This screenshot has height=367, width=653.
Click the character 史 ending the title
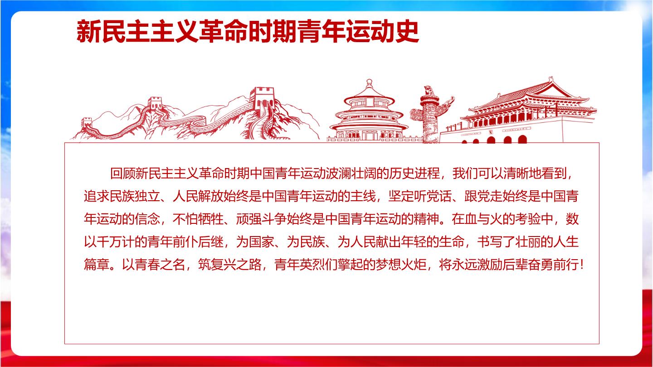(407, 31)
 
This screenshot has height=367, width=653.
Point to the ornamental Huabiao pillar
(431, 114)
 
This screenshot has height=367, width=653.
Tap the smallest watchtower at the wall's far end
(87, 122)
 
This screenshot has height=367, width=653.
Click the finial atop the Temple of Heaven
(369, 83)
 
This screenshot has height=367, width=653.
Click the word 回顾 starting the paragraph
(123, 174)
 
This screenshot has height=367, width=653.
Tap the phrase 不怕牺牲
(198, 219)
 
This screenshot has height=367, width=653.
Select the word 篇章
(97, 265)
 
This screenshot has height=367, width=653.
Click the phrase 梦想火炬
(401, 265)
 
